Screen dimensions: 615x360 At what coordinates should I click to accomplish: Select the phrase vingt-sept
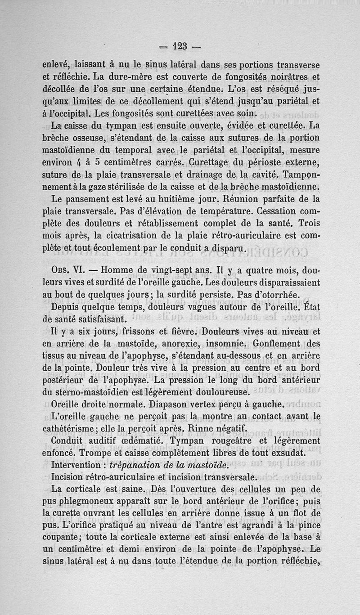(x=179, y=271)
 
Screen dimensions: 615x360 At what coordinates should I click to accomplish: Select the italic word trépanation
(x=136, y=464)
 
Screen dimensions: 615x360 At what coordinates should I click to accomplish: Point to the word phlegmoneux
(x=96, y=501)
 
